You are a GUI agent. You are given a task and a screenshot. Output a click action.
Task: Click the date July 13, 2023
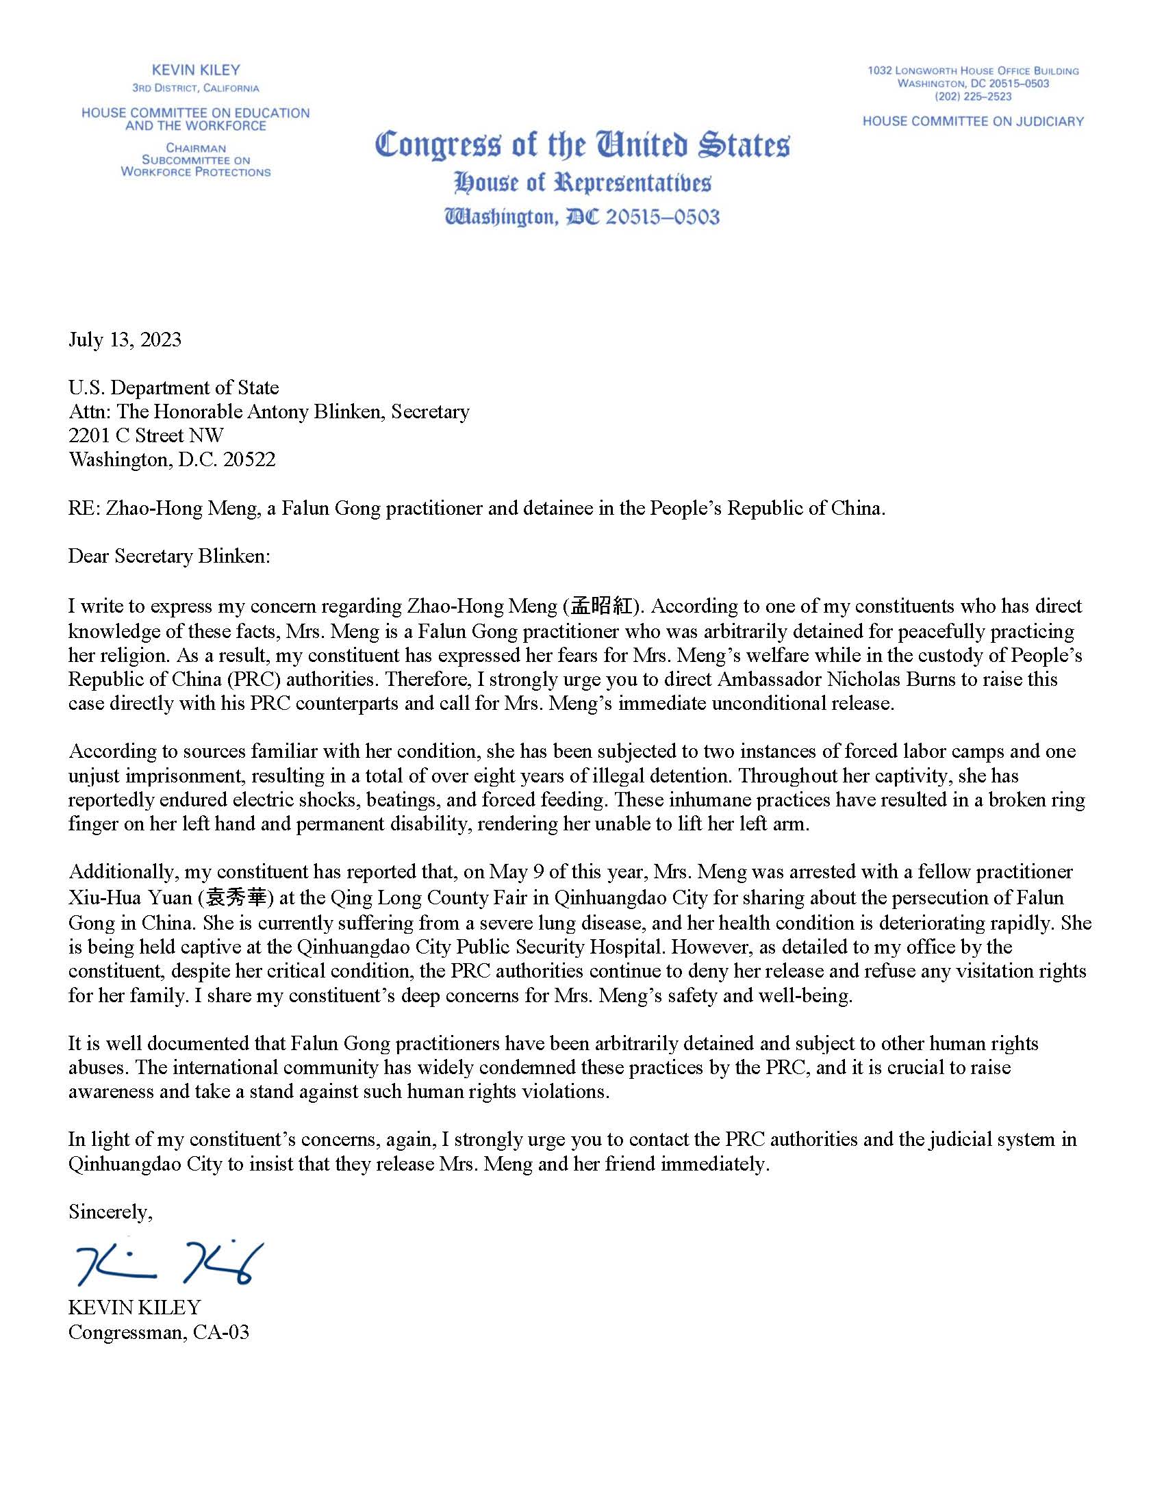click(125, 340)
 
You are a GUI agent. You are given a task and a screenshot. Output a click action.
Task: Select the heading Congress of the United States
click(582, 145)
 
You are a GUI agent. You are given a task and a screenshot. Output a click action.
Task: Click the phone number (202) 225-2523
click(973, 97)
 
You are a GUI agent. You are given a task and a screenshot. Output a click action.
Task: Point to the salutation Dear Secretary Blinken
click(169, 556)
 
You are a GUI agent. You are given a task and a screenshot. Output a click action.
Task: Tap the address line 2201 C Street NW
click(147, 435)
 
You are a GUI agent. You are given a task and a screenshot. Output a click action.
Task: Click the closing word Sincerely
click(110, 1212)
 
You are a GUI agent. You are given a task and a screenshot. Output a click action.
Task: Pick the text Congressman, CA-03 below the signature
click(159, 1331)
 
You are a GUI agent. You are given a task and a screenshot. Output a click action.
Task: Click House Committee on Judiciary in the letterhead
click(973, 121)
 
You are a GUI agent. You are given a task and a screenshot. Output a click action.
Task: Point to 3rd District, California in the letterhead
click(196, 88)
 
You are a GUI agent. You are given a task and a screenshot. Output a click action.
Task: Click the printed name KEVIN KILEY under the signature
click(134, 1307)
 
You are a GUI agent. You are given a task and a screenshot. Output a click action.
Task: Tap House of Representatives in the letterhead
click(582, 183)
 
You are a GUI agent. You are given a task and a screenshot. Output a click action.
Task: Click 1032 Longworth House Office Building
click(973, 71)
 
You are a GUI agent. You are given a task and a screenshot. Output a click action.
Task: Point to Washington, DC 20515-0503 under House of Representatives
click(582, 217)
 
